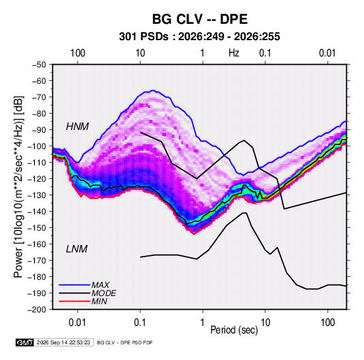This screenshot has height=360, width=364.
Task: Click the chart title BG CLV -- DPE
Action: coord(199,19)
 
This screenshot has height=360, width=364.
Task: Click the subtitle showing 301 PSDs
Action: coord(199,37)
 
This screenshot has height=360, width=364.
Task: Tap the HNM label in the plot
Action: coord(78,127)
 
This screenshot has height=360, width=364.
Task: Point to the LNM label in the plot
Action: coord(77,249)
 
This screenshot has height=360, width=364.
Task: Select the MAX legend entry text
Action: coord(100,285)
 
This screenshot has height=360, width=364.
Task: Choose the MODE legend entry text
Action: coord(104,293)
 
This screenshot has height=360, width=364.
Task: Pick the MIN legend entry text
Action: coord(99,301)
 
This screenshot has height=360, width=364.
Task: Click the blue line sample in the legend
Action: coord(75,285)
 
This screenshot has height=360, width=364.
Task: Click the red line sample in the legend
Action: coord(75,301)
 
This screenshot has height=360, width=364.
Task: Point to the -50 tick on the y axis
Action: coord(39,65)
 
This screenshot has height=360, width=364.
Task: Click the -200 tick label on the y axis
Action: coord(37,310)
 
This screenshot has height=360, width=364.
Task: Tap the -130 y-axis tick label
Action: coord(37,195)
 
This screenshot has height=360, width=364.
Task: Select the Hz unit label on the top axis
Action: coord(234,53)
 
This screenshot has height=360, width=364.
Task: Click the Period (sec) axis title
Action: coord(234,330)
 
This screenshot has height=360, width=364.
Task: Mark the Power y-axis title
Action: coord(18,186)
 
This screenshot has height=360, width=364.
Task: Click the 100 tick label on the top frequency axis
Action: coord(78,53)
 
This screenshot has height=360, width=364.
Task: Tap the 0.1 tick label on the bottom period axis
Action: coord(140,323)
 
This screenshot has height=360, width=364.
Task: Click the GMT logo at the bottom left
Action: coord(25,342)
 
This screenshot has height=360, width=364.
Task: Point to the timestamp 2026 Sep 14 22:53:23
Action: coord(63,342)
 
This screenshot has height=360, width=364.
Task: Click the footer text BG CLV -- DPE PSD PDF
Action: coord(125,342)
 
